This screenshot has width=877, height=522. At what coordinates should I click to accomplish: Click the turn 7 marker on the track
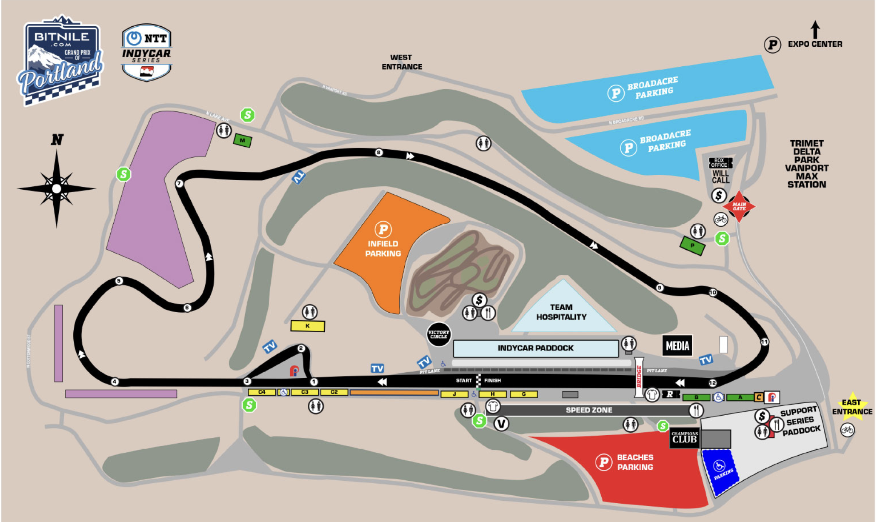179,183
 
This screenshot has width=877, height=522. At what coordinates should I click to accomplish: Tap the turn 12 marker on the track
713,383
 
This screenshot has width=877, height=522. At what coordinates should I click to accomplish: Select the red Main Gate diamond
739,206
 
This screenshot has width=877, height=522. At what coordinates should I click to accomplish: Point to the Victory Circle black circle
438,334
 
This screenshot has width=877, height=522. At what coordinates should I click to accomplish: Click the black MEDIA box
678,346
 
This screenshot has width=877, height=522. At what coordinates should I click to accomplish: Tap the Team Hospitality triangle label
561,312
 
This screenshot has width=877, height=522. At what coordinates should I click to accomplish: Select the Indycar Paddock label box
536,348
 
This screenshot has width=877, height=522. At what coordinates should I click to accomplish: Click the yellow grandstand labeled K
307,326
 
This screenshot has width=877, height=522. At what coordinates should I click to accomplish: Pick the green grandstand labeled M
242,141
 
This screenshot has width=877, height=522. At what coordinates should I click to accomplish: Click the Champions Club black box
684,438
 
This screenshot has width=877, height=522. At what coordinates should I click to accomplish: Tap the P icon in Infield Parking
383,229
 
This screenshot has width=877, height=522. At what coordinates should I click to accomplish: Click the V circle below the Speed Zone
501,424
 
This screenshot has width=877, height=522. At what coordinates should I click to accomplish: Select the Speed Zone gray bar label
589,410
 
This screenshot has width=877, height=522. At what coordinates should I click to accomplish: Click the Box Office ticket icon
720,163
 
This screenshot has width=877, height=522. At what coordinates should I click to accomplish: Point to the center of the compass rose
57,189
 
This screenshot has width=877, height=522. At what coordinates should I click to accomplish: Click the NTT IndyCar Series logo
147,52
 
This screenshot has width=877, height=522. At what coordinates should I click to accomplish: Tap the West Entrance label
401,62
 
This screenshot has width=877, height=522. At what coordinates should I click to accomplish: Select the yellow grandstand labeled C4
262,392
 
